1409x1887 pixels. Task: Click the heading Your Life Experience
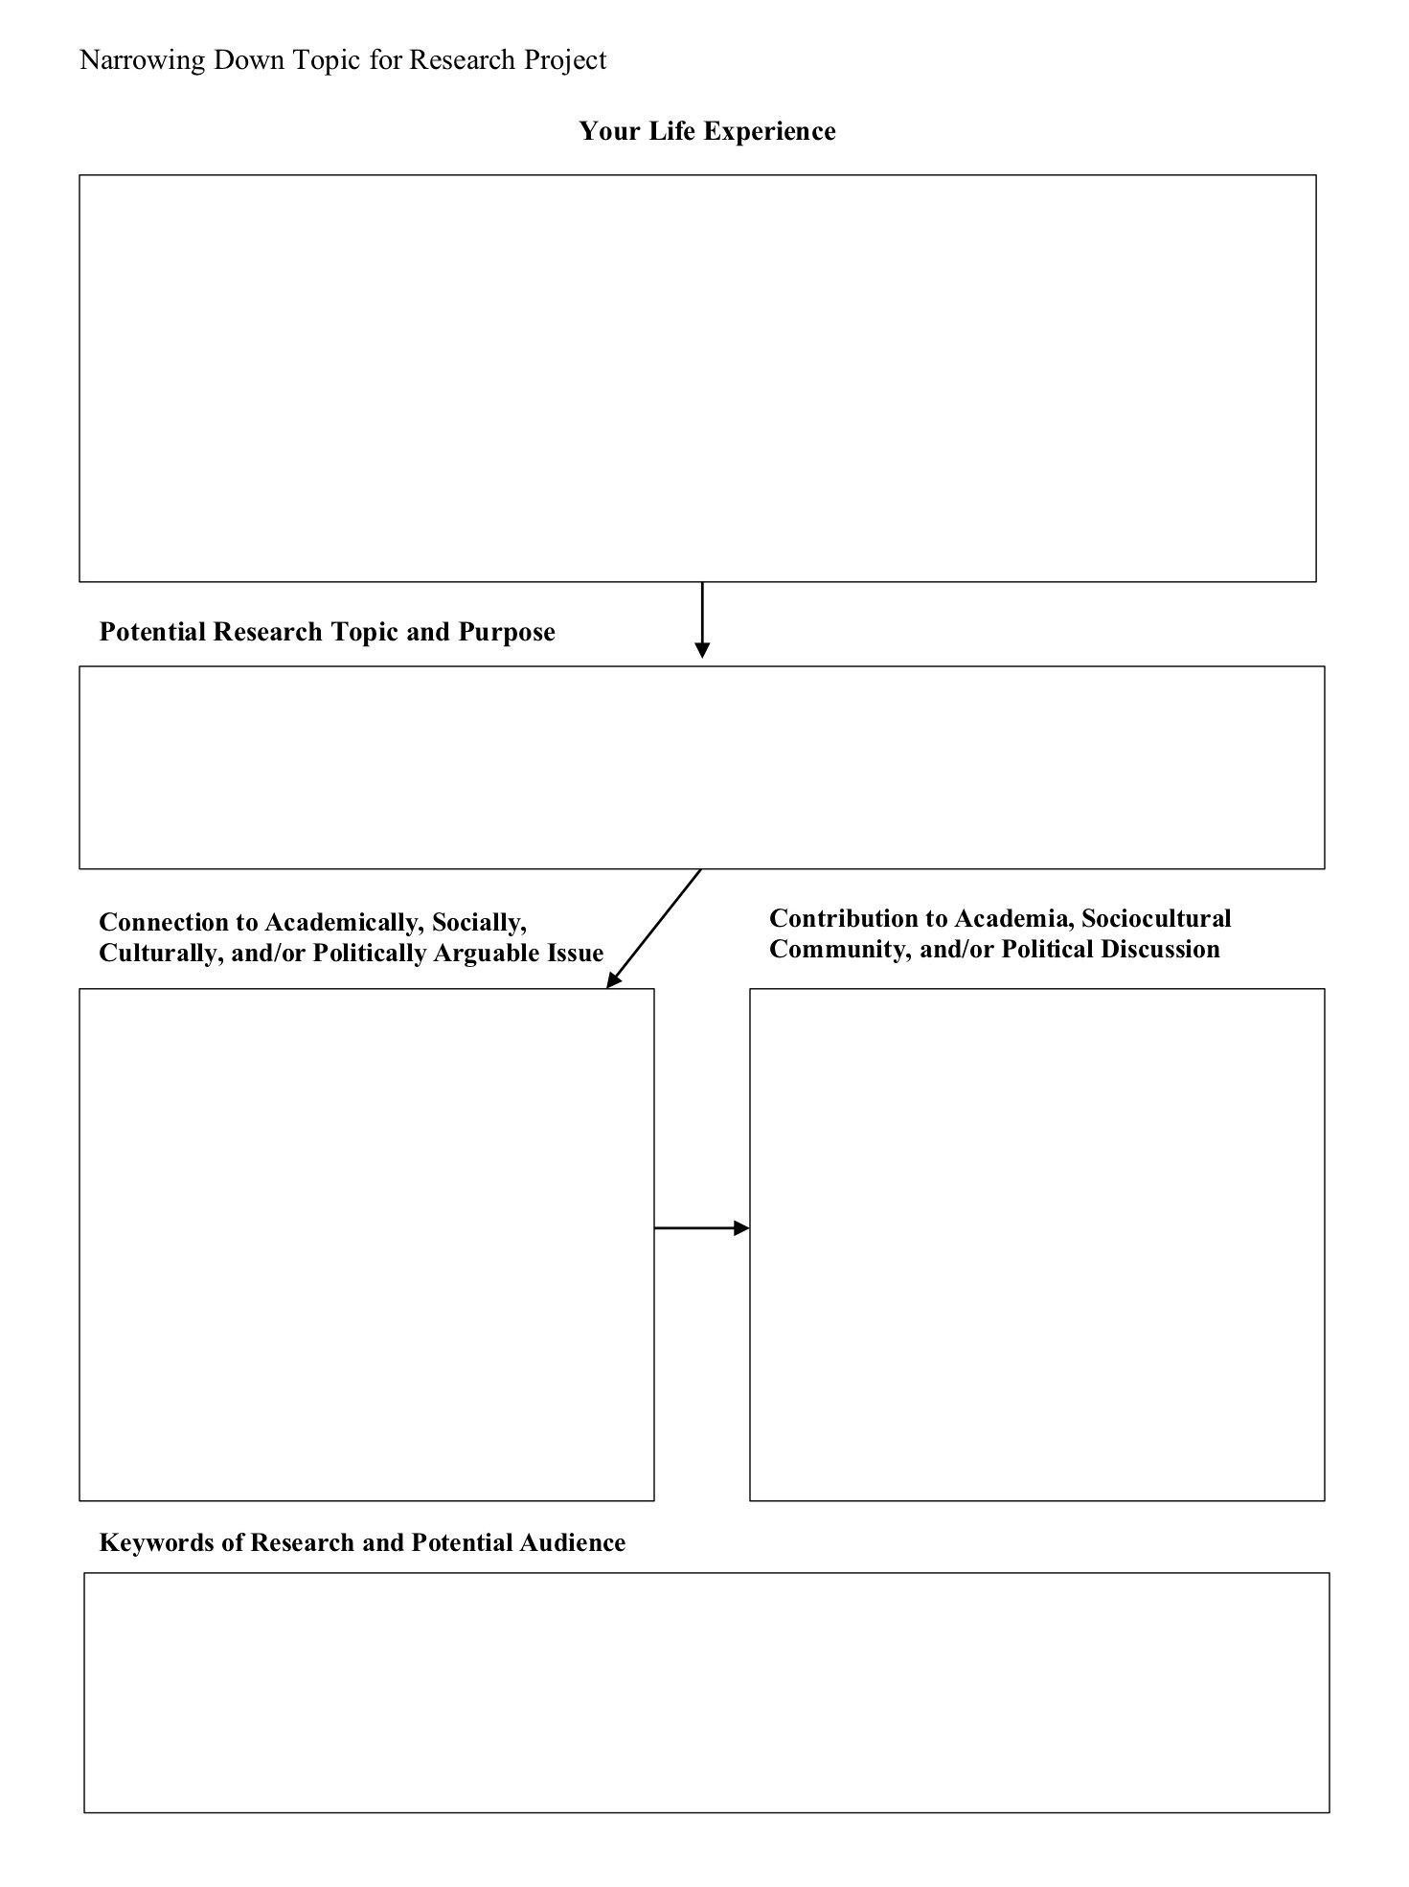click(707, 131)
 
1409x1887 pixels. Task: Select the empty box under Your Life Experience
click(697, 378)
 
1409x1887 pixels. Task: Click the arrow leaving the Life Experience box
click(702, 618)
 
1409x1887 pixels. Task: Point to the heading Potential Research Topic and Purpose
click(327, 632)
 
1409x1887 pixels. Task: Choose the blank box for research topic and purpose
click(701, 768)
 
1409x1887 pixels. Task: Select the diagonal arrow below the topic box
click(655, 927)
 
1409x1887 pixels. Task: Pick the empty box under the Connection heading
click(366, 1244)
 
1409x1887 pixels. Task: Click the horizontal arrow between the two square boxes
click(701, 1227)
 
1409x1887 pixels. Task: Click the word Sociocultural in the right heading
click(1156, 918)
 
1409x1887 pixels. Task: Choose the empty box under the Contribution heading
click(1036, 1244)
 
